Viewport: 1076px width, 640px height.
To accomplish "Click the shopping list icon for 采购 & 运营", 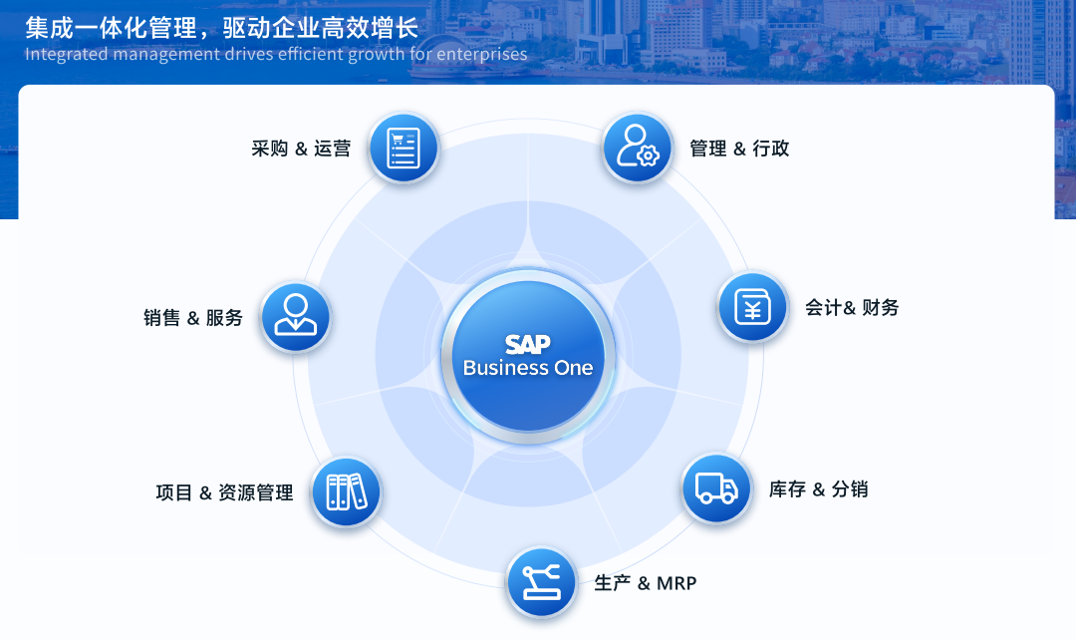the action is [x=403, y=148].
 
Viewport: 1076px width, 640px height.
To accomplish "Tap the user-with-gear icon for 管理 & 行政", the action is [x=638, y=148].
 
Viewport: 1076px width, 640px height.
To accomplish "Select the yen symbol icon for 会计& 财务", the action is [x=752, y=307].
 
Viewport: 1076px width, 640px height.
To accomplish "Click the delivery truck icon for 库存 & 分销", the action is [x=716, y=488].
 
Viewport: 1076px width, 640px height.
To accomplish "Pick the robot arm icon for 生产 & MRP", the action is [x=541, y=582].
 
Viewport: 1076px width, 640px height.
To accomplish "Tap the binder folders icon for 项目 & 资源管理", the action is [x=347, y=491].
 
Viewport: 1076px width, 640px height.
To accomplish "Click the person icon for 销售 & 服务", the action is [x=296, y=317].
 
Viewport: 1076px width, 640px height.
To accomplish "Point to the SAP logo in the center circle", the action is [x=528, y=343].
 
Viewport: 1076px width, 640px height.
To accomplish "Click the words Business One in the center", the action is [x=528, y=368].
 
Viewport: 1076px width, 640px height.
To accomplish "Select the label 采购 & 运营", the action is [x=301, y=149].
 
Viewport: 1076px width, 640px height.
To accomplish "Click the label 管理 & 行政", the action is [x=739, y=149].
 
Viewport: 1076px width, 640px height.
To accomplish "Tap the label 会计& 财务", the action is [x=852, y=308].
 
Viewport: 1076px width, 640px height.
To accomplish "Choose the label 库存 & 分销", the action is [x=819, y=489].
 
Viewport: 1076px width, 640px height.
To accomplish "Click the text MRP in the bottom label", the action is [x=676, y=584].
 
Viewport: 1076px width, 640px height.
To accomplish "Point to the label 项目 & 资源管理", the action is [x=224, y=492].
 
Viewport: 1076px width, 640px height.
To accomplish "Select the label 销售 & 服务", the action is [x=193, y=318].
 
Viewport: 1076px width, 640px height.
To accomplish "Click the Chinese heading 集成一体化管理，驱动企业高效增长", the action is [x=221, y=28].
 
